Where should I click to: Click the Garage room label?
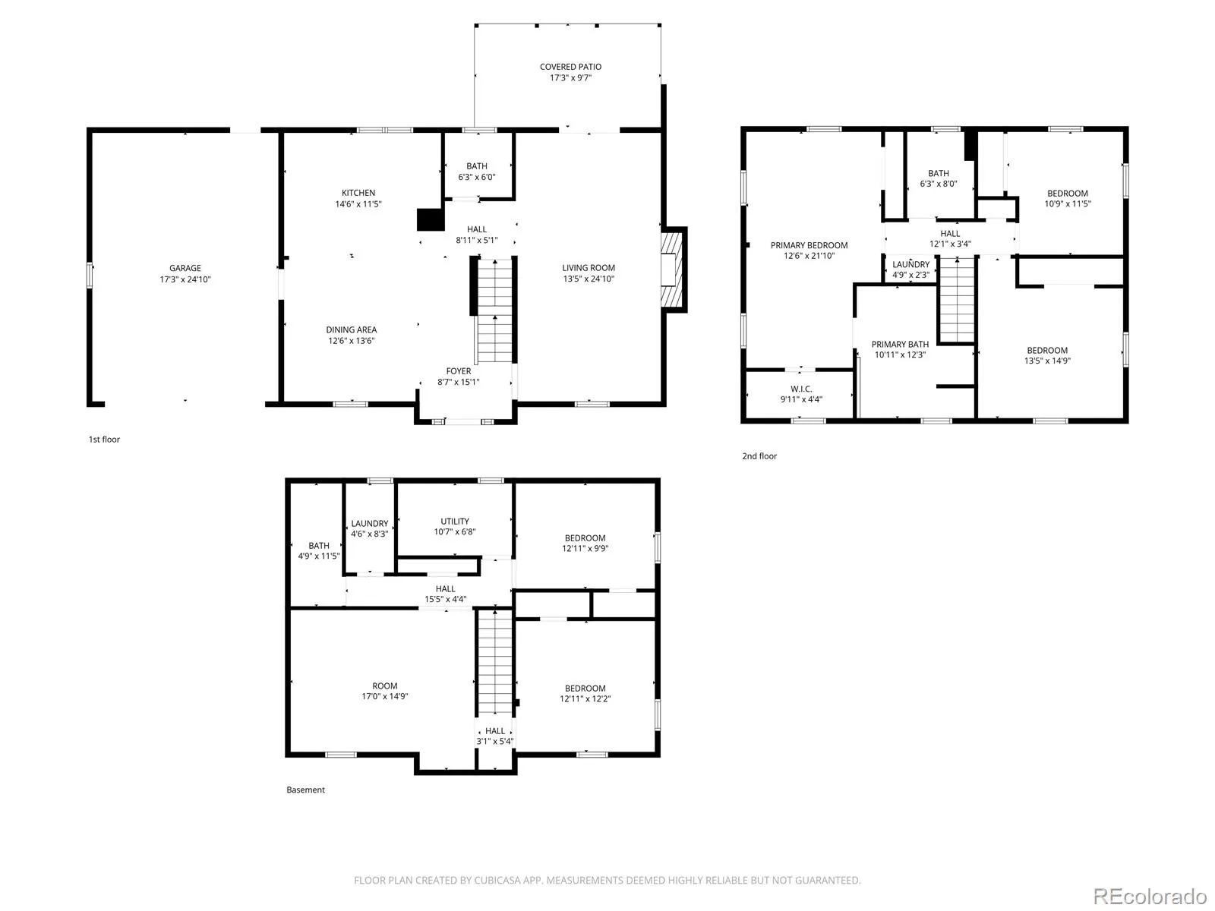(x=185, y=268)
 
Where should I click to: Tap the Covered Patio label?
(x=570, y=66)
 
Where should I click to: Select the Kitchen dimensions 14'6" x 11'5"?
(x=358, y=203)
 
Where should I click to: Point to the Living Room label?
(x=588, y=268)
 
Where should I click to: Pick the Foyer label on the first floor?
(x=459, y=370)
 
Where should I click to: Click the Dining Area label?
(x=351, y=329)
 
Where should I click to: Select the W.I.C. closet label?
(x=801, y=389)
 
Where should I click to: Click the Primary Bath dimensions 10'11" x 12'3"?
(x=900, y=355)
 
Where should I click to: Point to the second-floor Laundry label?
(x=910, y=264)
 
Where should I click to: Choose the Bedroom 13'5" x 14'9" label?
(x=1046, y=350)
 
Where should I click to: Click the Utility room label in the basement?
(x=454, y=521)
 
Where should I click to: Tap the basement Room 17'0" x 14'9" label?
(x=384, y=686)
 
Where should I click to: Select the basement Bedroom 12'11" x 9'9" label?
(x=585, y=537)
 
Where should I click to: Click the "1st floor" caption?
(x=104, y=440)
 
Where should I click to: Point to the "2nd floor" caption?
(x=759, y=455)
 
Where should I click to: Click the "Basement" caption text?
(x=305, y=790)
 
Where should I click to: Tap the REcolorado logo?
(x=1149, y=896)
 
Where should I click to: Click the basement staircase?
(x=494, y=662)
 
